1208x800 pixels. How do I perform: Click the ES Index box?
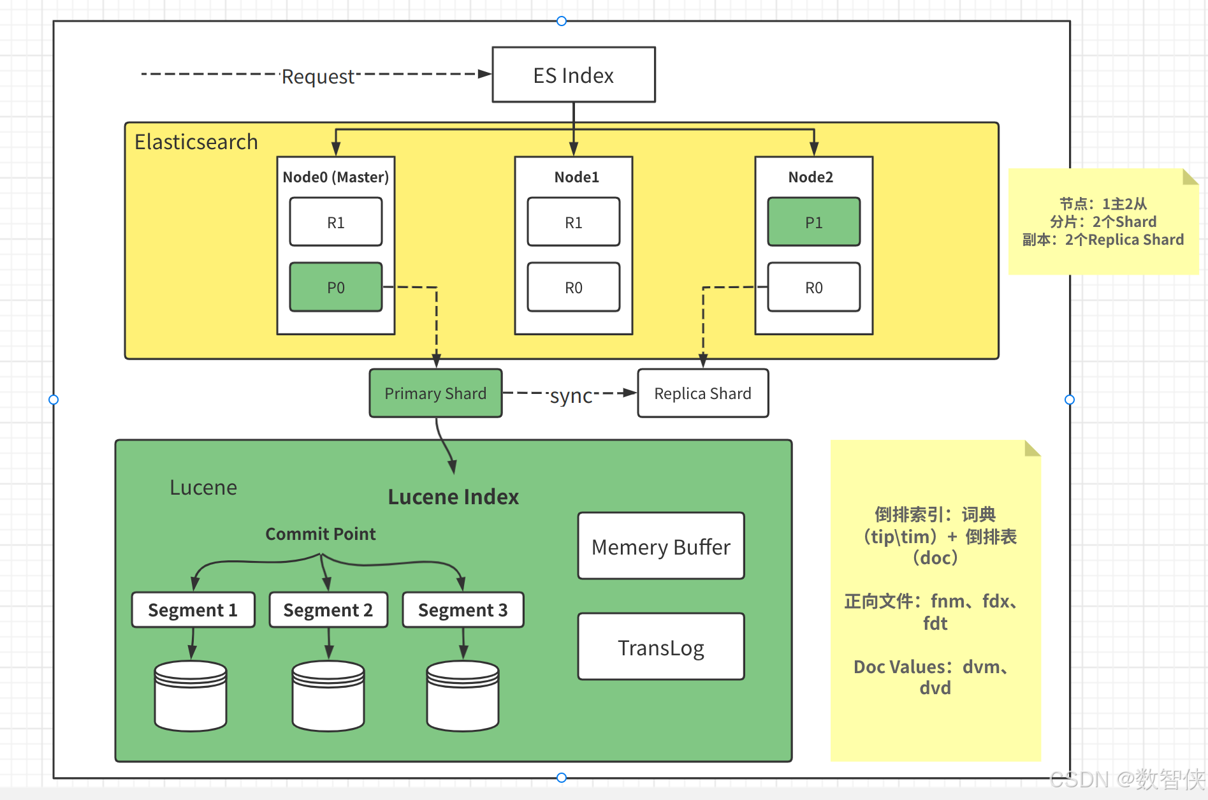tap(573, 75)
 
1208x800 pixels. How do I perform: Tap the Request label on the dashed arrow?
tap(317, 76)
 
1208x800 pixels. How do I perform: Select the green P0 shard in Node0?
tap(336, 287)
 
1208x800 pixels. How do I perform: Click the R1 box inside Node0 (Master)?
tap(336, 222)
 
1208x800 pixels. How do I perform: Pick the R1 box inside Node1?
tap(573, 222)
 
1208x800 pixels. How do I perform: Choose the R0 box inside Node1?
tap(573, 287)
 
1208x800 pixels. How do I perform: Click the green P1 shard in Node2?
tap(813, 222)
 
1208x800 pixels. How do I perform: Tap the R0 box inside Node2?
tap(813, 287)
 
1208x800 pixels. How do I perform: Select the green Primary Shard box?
tap(435, 393)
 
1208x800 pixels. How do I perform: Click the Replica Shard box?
tap(702, 393)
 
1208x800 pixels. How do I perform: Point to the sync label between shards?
tap(571, 396)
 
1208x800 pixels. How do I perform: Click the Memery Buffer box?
tap(660, 546)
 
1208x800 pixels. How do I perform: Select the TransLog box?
tap(660, 647)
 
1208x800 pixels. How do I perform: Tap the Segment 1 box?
tap(193, 610)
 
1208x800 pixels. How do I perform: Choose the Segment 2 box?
tap(328, 610)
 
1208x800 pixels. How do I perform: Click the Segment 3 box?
tap(463, 610)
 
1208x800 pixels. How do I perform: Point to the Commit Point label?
tap(320, 534)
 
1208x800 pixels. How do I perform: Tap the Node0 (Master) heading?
tap(335, 177)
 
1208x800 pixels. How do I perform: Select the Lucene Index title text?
tap(453, 497)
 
